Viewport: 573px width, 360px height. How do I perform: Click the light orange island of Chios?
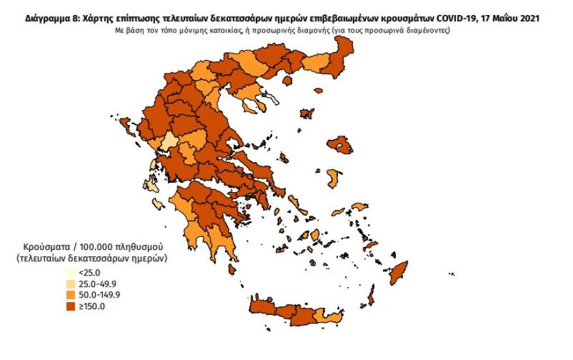(333, 178)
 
